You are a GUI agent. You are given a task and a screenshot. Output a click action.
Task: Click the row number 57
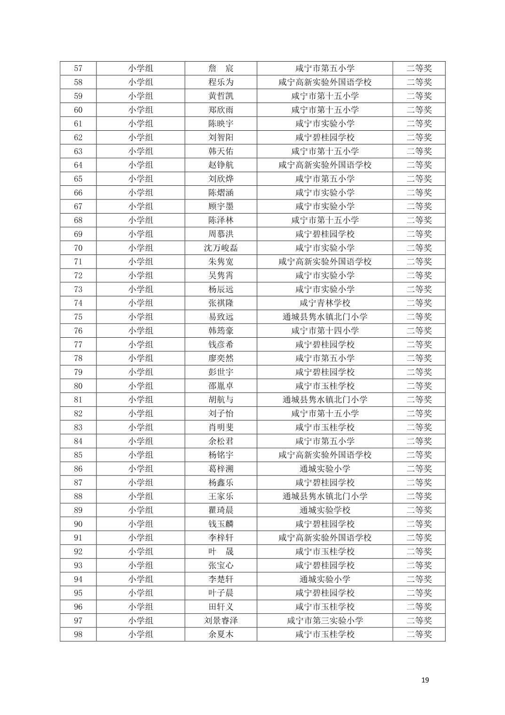[x=78, y=68]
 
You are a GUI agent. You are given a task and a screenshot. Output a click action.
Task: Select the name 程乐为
[x=221, y=82]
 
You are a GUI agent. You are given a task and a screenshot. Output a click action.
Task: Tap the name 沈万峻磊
[x=221, y=248]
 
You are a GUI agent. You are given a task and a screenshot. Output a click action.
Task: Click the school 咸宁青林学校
[x=324, y=303]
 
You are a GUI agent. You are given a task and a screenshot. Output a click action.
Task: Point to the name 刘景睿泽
[x=221, y=620]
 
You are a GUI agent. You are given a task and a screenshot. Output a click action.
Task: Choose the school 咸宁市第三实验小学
[x=324, y=620]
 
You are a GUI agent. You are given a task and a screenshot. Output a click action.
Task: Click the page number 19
[x=425, y=680]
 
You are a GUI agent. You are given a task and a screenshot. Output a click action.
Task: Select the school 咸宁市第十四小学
[x=324, y=331]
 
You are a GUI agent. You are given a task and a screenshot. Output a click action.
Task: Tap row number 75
[x=78, y=317]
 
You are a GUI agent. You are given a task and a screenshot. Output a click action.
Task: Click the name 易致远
[x=221, y=317]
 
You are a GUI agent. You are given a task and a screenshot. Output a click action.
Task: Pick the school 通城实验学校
[x=324, y=510]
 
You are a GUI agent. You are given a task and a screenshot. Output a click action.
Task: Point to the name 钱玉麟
[x=221, y=524]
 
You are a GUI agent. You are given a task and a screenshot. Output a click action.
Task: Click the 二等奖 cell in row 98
[x=418, y=635]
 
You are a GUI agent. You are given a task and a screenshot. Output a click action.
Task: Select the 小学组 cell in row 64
[x=141, y=165]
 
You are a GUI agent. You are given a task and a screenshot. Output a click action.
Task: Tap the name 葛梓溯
[x=221, y=469]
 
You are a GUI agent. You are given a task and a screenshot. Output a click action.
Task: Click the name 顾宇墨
[x=221, y=207]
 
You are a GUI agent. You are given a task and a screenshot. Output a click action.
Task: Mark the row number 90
[x=78, y=524]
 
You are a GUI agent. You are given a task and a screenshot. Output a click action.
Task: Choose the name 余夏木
[x=221, y=635]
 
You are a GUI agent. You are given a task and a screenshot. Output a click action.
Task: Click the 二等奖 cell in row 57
[x=418, y=68]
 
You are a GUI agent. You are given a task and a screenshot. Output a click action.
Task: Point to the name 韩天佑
[x=221, y=151]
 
